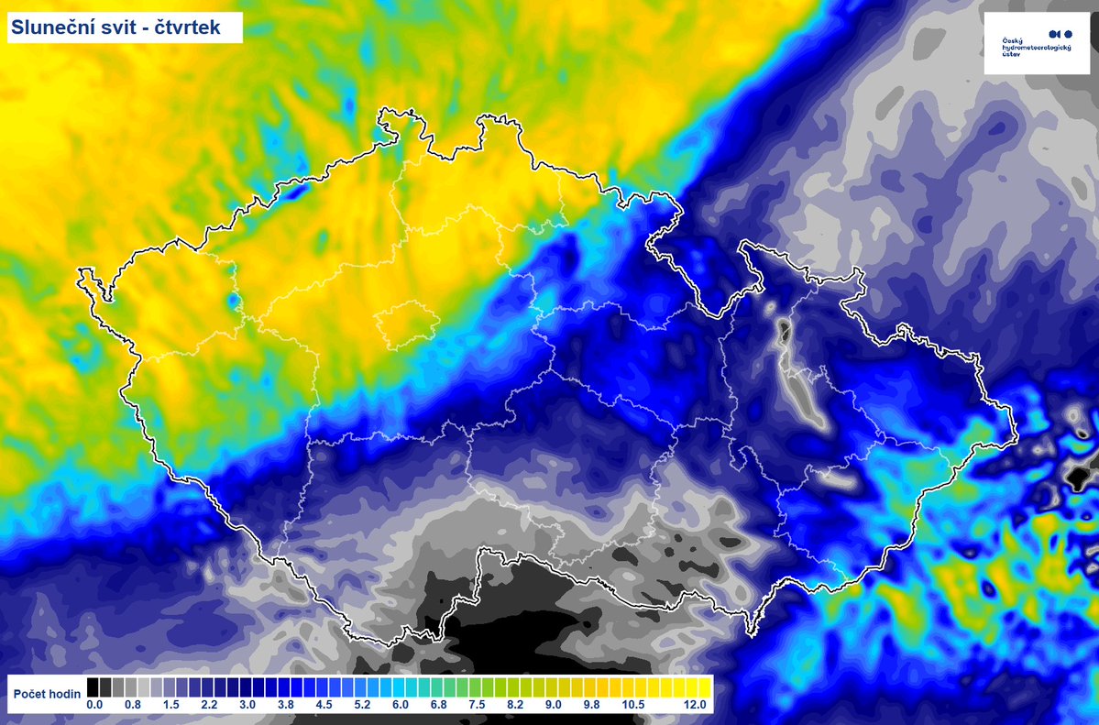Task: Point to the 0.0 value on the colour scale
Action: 94,705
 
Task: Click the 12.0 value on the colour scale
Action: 695,705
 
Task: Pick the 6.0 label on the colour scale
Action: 401,705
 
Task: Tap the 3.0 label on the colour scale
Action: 247,705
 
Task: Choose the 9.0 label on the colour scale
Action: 553,705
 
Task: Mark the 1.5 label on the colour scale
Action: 170,705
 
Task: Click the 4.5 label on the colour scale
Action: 324,705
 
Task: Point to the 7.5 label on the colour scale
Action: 477,705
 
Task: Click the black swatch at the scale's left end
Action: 93,687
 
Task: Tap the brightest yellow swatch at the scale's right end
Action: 706,687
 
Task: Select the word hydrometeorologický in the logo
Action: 1037,47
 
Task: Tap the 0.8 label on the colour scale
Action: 133,705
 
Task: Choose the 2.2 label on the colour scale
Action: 209,705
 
